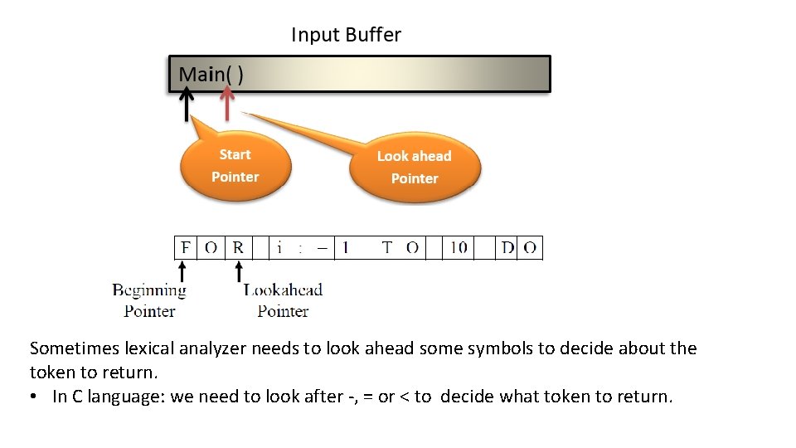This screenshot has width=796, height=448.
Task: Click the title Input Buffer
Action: [346, 35]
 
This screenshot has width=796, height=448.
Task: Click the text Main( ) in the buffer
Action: [211, 74]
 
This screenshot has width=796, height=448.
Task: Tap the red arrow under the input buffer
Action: [225, 104]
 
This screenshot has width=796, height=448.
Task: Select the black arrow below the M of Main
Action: [187, 105]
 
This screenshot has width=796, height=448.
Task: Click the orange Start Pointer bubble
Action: [235, 166]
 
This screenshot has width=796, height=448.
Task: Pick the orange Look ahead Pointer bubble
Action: [415, 168]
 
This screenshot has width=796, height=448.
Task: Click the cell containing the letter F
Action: [186, 247]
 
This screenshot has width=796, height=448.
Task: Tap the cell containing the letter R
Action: [239, 247]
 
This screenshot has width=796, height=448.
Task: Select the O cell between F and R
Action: [211, 247]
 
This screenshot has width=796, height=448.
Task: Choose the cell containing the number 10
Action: [459, 247]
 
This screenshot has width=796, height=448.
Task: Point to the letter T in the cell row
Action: [386, 247]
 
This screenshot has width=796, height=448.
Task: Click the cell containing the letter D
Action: [507, 247]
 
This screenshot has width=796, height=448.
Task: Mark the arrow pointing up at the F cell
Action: [182, 271]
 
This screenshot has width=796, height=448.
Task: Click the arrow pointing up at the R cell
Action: [239, 271]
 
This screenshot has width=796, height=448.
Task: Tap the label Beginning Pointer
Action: [149, 300]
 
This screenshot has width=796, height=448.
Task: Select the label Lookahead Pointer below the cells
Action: [283, 300]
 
